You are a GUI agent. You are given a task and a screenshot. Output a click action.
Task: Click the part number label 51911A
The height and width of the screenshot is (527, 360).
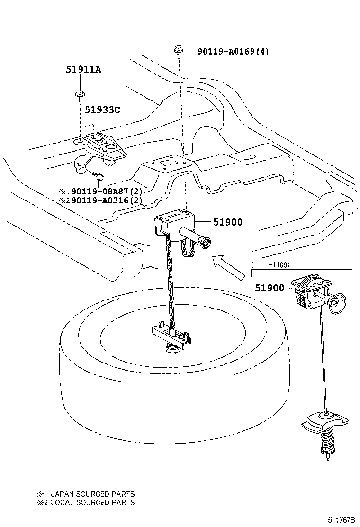pyautogui.click(x=83, y=69)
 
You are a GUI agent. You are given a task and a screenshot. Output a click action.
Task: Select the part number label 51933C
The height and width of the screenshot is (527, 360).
pyautogui.click(x=102, y=110)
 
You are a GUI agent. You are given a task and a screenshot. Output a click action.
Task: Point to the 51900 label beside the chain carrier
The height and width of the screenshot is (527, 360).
pyautogui.click(x=228, y=222)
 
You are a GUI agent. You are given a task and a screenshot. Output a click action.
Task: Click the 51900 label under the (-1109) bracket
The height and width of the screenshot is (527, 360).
pyautogui.click(x=270, y=288)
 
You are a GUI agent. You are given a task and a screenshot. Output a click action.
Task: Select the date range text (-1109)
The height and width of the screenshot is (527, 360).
pyautogui.click(x=270, y=265)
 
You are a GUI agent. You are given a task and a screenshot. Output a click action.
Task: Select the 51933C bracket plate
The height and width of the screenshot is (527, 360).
pyautogui.click(x=102, y=145)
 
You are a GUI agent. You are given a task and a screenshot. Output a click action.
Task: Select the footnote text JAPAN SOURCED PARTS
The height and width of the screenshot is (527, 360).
pyautogui.click(x=92, y=493)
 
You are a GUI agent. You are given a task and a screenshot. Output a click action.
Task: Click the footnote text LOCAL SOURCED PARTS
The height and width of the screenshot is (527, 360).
pyautogui.click(x=92, y=502)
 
